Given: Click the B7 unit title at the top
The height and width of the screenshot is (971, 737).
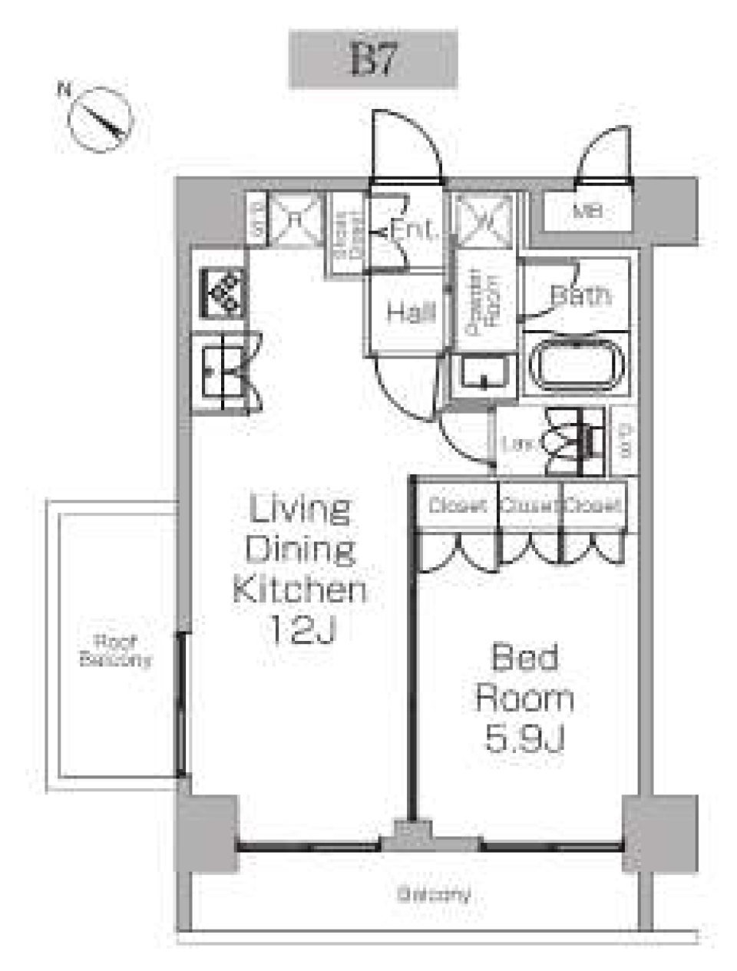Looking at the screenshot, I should (x=372, y=60).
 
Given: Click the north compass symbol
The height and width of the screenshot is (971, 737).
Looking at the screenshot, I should (x=101, y=120).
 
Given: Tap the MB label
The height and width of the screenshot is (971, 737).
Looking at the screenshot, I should (x=588, y=211).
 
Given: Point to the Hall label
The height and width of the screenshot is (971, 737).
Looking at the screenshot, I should (x=410, y=312).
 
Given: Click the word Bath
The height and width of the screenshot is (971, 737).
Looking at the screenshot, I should (x=580, y=295).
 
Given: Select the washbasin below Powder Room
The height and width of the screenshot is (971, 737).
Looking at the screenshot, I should (x=483, y=374).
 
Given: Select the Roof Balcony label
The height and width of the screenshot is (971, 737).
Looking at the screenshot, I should (x=115, y=651).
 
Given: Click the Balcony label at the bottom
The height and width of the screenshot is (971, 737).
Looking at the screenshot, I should (x=434, y=894).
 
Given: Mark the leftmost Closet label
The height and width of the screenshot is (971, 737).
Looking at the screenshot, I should (x=458, y=506).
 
